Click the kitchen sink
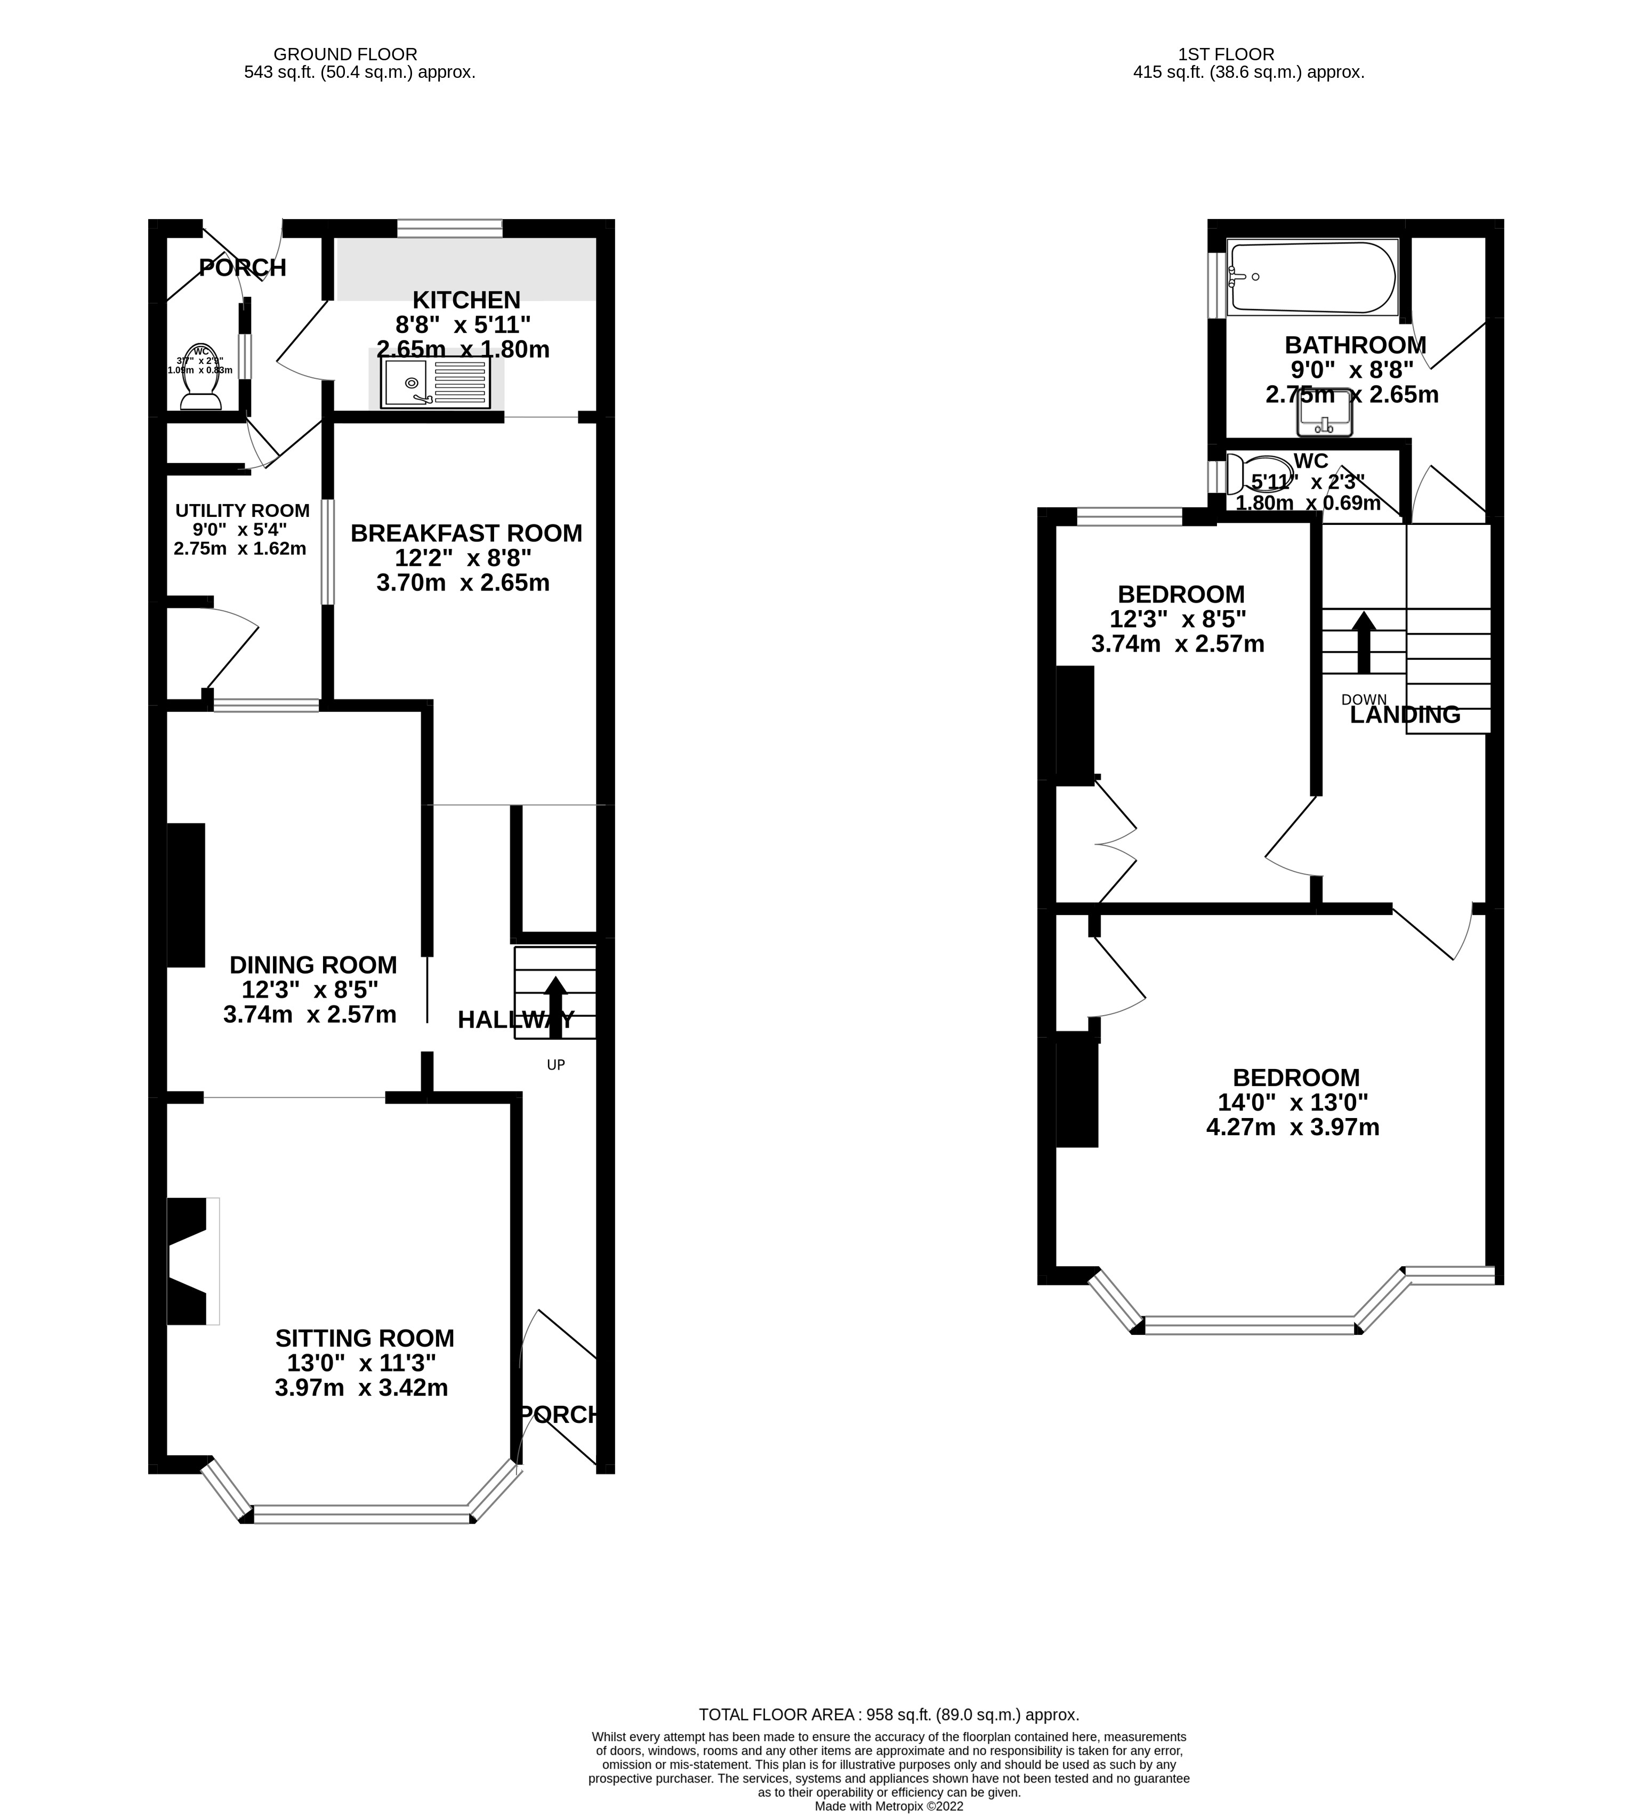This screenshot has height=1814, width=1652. (x=436, y=383)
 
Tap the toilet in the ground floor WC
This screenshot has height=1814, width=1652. (x=200, y=378)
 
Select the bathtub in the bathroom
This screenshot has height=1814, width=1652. (x=1312, y=277)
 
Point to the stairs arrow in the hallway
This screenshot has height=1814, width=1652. (x=555, y=1007)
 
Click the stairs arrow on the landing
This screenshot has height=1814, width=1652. (x=1363, y=642)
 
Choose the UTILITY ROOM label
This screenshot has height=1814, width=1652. (x=241, y=510)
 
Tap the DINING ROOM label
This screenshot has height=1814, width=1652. (x=312, y=965)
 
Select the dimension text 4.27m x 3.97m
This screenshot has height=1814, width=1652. (x=1292, y=1127)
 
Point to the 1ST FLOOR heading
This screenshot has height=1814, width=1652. (x=1248, y=54)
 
